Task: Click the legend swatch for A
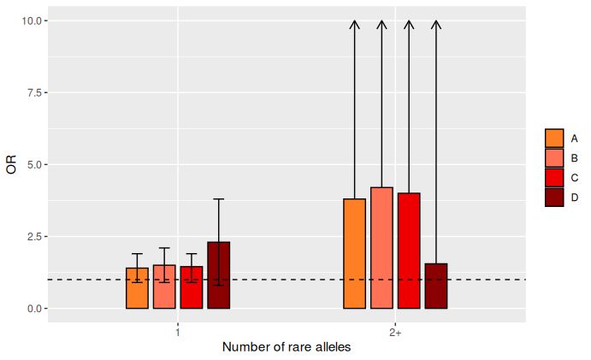[554, 139]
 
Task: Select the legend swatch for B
[554, 158]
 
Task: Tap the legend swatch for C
[554, 178]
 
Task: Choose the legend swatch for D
[554, 198]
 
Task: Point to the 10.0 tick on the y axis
[34, 21]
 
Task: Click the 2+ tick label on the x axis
[395, 332]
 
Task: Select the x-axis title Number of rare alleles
[287, 348]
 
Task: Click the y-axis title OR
[11, 164]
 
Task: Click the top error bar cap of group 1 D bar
[219, 199]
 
